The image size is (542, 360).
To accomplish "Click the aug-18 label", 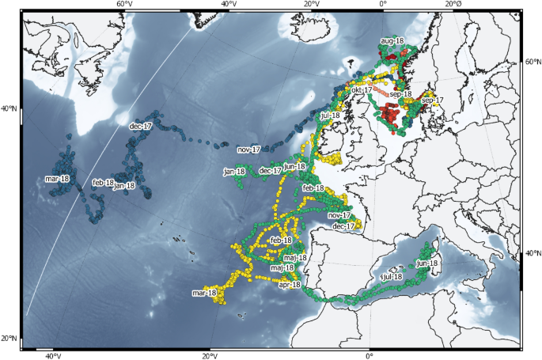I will pyautogui.click(x=392, y=40).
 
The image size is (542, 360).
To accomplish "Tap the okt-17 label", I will pyautogui.click(x=362, y=90).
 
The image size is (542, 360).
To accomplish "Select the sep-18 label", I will pyautogui.click(x=401, y=94).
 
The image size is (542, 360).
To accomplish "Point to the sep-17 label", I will pyautogui.click(x=433, y=100).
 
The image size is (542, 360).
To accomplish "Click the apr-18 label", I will pyautogui.click(x=290, y=284).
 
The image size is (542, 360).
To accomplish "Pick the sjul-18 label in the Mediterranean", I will pyautogui.click(x=391, y=277).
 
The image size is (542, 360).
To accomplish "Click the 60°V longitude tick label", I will pyautogui.click(x=124, y=5).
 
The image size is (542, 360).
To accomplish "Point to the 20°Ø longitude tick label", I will pyautogui.click(x=454, y=5).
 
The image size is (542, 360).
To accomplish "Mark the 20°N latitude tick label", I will pyautogui.click(x=10, y=339).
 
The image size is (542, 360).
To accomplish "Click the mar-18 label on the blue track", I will pyautogui.click(x=57, y=179).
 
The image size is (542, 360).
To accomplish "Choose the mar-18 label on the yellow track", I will pyautogui.click(x=204, y=293).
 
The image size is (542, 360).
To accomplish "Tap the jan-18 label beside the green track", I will pyautogui.click(x=234, y=171).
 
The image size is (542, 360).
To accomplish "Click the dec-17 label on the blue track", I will pyautogui.click(x=140, y=126).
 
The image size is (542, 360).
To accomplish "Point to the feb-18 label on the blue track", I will pyautogui.click(x=103, y=183).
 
